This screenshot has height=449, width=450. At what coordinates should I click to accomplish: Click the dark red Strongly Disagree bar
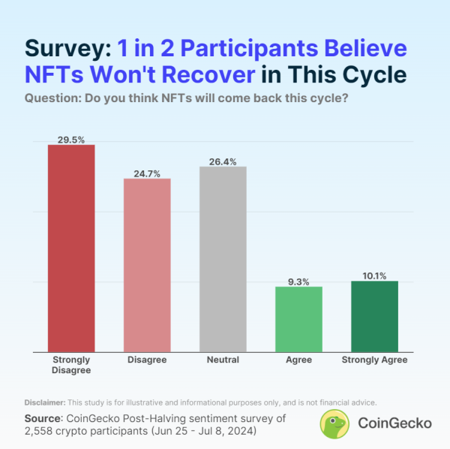pyautogui.click(x=71, y=248)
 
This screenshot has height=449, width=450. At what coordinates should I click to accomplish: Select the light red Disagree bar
pyautogui.click(x=147, y=264)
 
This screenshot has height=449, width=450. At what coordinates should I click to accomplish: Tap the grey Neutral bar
pyautogui.click(x=223, y=259)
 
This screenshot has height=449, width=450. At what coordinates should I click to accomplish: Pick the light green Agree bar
pyautogui.click(x=298, y=319)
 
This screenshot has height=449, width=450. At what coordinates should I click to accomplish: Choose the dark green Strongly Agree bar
pyautogui.click(x=374, y=316)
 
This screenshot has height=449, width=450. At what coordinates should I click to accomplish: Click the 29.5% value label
pyautogui.click(x=71, y=139)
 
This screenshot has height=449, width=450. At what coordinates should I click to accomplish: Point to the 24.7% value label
pyautogui.click(x=147, y=173)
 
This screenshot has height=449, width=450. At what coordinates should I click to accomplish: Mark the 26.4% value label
pyautogui.click(x=223, y=161)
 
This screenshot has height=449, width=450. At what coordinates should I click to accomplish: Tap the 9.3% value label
pyautogui.click(x=298, y=281)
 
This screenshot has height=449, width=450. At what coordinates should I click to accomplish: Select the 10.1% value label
pyautogui.click(x=374, y=276)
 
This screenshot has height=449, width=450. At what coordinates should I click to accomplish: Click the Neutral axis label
pyautogui.click(x=223, y=360)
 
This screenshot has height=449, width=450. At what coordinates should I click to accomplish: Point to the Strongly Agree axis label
pyautogui.click(x=374, y=360)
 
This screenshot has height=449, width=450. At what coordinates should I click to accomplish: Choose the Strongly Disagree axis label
pyautogui.click(x=71, y=365)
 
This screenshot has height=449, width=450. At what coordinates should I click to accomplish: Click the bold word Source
pyautogui.click(x=42, y=417)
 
